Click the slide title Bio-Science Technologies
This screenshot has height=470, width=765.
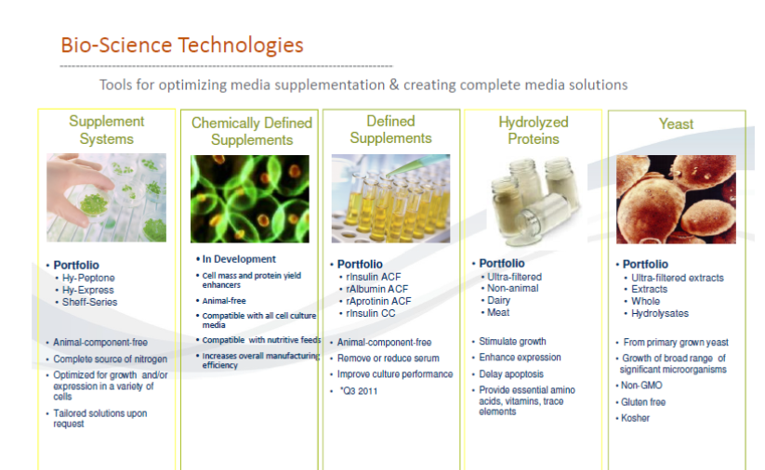coord(182,45)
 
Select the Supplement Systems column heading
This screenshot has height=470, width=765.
coord(106,130)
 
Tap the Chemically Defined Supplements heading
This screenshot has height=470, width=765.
coord(252,131)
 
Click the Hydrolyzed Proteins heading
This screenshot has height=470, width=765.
coord(534,130)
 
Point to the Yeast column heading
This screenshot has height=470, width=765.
coord(676,124)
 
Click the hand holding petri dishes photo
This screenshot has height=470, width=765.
coord(106,198)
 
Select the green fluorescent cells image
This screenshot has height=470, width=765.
coord(250,199)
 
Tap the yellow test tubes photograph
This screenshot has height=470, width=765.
coord(390,199)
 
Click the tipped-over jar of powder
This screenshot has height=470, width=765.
coord(546,217)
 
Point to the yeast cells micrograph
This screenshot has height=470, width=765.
coord(676,200)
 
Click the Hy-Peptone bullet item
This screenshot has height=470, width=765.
coord(88,278)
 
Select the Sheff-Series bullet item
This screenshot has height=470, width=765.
coord(90,302)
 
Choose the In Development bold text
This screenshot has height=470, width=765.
coord(239,259)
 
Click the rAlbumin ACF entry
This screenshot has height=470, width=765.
coord(376,289)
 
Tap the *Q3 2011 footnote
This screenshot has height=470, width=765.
coord(359,391)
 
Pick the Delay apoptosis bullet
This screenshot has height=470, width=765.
coord(511,374)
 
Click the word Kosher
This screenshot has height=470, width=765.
coord(635,418)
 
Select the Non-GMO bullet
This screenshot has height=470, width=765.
coord(641,385)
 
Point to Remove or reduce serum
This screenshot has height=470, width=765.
coord(388,359)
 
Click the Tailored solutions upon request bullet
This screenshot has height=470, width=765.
coord(100,418)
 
